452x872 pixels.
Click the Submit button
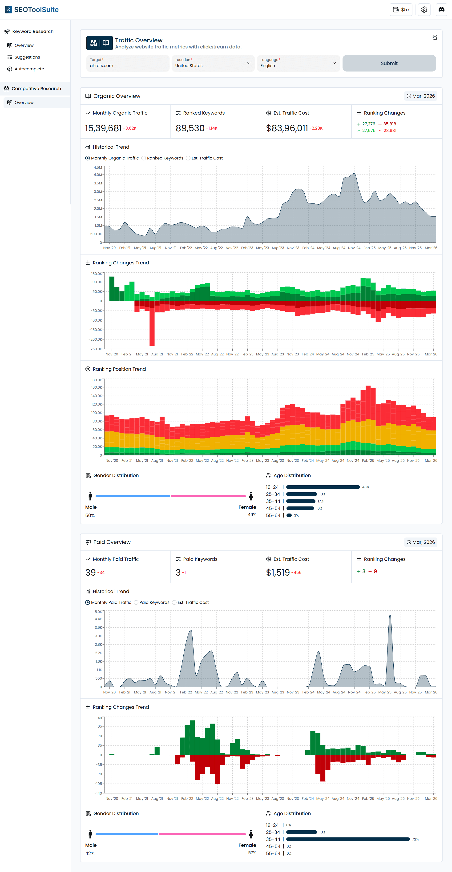coord(389,63)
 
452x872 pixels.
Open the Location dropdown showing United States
coord(213,63)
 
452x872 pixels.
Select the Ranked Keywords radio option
coord(144,158)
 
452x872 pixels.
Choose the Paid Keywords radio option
coord(136,603)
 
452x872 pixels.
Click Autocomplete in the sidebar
coord(29,69)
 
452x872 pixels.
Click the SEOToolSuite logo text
coord(36,9)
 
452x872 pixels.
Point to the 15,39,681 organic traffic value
coord(103,128)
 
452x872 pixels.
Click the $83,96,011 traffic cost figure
coord(287,128)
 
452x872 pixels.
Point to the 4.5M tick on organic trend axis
coord(98,167)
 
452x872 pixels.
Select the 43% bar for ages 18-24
coord(323,487)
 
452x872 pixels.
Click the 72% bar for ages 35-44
coord(348,839)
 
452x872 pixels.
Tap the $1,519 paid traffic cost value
coord(278,572)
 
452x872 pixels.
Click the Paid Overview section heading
coord(112,542)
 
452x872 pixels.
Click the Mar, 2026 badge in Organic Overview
coord(421,96)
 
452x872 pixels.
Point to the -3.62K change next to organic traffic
coord(130,128)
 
